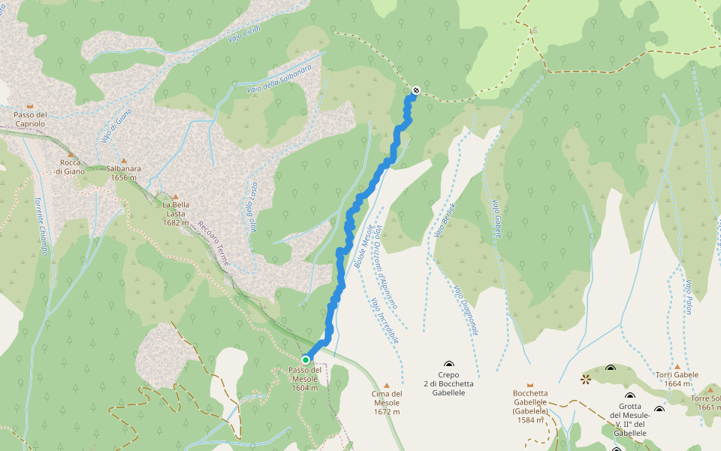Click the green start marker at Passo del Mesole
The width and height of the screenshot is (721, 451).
[306, 360]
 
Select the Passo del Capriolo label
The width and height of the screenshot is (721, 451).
[30, 119]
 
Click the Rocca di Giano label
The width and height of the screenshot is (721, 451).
[70, 166]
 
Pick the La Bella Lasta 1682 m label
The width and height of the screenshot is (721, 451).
[175, 213]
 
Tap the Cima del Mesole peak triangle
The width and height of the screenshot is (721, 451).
[387, 385]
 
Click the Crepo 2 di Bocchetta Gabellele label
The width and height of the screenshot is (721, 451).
[448, 383]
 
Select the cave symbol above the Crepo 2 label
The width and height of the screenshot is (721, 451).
[449, 364]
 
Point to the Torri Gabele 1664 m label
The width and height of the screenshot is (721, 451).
[676, 379]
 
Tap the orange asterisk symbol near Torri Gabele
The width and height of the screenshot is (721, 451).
[585, 380]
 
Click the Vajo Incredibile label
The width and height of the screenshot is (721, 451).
[384, 319]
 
